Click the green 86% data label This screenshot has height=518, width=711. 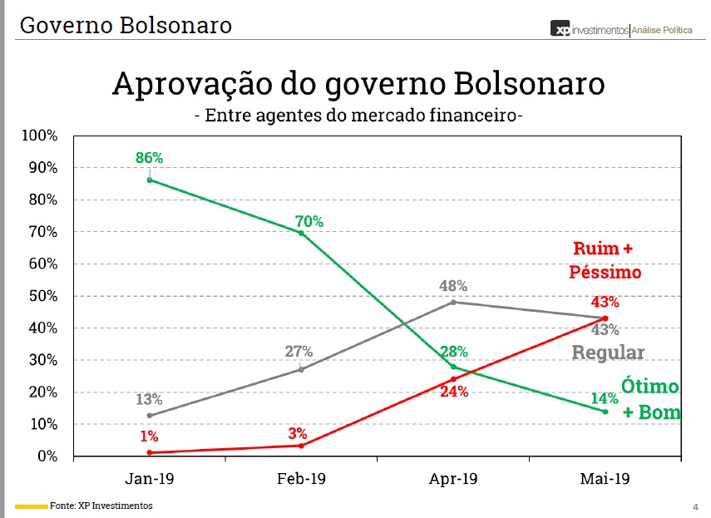coord(150,157)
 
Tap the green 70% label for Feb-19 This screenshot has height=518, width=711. coord(309,221)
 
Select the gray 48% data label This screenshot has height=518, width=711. coord(453,286)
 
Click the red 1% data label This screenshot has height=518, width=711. coord(150,437)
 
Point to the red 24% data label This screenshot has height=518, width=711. coord(454,392)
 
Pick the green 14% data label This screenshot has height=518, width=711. coord(605,397)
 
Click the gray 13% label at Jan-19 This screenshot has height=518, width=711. coord(150,399)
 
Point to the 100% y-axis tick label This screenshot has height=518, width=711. coord(39,136)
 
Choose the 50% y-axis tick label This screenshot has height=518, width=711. coord(42,296)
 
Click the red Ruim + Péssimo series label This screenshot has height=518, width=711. coord(605,260)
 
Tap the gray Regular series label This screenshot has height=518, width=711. coord(608,353)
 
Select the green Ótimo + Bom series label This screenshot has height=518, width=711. coord(651,400)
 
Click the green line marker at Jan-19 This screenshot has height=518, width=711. coord(150,180)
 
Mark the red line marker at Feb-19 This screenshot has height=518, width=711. coord(301,446)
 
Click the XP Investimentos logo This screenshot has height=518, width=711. coord(590,29)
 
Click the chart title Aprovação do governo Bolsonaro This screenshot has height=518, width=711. coord(358,84)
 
